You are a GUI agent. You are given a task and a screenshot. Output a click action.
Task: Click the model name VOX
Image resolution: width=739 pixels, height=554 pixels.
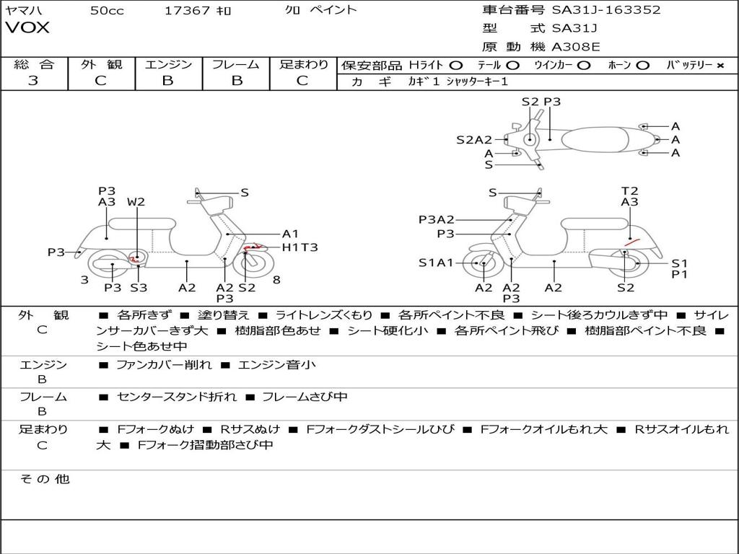coord(27,27)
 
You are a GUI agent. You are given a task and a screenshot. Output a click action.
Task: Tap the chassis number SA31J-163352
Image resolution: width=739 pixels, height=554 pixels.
coord(606,9)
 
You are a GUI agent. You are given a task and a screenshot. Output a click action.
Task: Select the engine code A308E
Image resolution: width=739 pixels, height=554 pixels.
coord(576,47)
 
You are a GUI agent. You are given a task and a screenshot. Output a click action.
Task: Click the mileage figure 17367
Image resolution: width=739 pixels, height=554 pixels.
coord(187,10)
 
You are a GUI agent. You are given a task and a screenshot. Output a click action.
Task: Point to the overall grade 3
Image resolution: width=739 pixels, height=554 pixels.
coord(33,80)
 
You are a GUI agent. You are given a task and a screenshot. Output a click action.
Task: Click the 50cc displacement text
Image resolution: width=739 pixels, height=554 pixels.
coord(107,10)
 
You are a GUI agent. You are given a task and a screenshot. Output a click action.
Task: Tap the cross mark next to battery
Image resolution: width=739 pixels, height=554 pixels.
coord(720,66)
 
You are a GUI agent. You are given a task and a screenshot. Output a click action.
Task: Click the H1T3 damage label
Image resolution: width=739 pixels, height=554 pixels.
coord(299,247)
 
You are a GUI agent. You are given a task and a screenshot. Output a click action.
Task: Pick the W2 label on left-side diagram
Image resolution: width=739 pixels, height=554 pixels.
coord(136,202)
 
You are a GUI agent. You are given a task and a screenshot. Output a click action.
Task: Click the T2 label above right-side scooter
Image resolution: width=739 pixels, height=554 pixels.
coord(629,190)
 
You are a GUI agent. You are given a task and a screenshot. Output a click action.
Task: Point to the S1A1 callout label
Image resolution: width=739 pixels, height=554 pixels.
coord(436,263)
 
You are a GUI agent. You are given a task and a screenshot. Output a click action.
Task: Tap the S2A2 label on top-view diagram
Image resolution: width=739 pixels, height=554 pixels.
coord(474,139)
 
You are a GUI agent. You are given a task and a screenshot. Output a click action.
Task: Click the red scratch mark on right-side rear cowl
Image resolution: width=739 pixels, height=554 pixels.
coord(631,242)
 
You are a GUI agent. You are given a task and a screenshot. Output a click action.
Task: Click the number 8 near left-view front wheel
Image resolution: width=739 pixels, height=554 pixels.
coord(276,280)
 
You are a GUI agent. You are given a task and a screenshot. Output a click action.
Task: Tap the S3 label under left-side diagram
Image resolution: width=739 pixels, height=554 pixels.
coord(139,287)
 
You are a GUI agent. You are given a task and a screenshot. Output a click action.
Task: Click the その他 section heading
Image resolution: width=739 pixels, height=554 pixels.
coord(45,479)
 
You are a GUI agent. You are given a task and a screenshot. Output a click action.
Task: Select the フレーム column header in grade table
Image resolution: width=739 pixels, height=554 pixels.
coord(236,64)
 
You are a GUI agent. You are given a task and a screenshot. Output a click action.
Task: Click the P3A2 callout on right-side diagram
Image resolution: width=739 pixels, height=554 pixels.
coord(437,219)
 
